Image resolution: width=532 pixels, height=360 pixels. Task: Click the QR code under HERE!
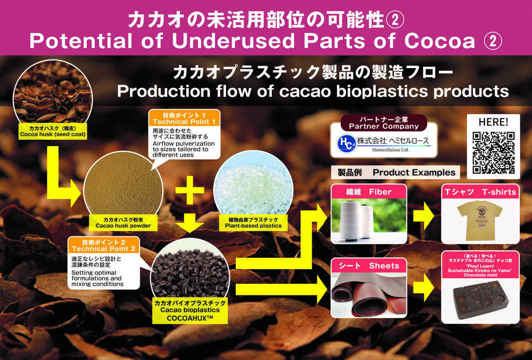pos(493,153)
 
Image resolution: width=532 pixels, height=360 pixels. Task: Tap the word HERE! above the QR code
pos(493,122)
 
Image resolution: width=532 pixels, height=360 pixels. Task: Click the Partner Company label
pos(383,123)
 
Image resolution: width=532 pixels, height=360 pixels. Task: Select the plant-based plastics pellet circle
pos(253,186)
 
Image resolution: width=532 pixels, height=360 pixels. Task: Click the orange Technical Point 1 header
pos(184,118)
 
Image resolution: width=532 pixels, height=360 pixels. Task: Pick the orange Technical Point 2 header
pos(104,245)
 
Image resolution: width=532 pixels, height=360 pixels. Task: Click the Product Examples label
pos(396,173)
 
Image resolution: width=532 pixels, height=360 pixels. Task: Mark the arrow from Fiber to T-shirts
pos(423,216)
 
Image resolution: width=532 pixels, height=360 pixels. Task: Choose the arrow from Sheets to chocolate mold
pos(423,290)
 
